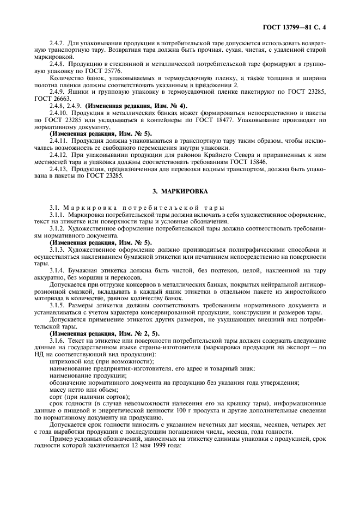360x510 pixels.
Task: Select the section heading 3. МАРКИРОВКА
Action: tap(180, 190)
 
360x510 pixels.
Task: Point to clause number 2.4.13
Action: tap(59, 169)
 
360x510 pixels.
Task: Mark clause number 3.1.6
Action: tap(58, 339)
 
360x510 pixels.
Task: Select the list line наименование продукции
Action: tap(88, 375)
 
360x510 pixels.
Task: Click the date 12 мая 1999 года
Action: tap(141, 444)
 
